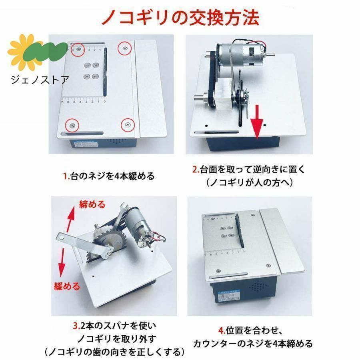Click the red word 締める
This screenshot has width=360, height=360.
92,205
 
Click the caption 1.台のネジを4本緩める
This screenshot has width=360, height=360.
108,176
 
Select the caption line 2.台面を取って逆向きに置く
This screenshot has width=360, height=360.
248,170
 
